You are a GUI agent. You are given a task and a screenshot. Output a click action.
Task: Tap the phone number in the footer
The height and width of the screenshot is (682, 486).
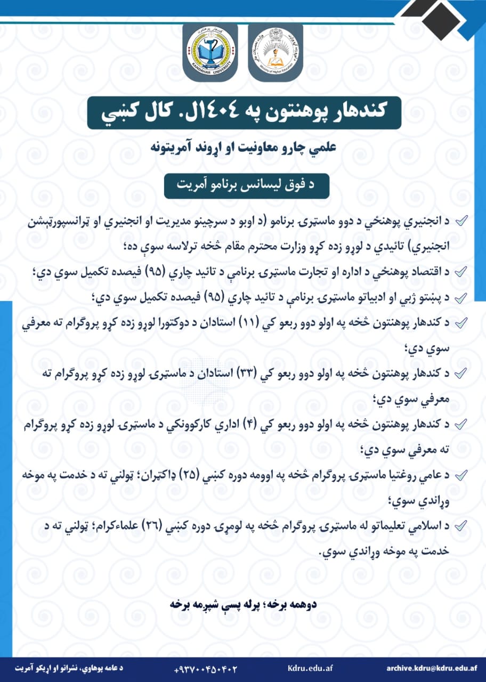(205, 668)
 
